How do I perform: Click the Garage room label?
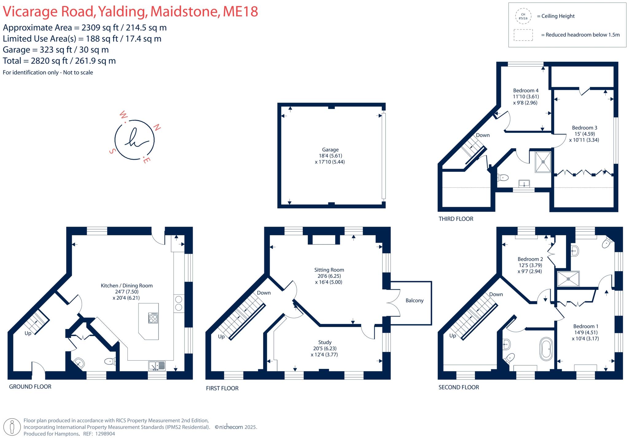[330, 150]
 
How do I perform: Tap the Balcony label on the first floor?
[414, 300]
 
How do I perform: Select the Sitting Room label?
[329, 270]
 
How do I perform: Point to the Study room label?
[325, 342]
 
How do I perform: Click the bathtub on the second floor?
[546, 349]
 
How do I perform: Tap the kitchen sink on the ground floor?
[157, 366]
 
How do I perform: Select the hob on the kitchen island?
[153, 318]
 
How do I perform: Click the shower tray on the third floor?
[543, 162]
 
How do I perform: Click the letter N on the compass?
[157, 127]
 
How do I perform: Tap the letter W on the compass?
[123, 115]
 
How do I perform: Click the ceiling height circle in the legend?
[523, 16]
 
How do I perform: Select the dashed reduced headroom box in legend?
[523, 35]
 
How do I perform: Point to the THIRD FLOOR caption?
[456, 219]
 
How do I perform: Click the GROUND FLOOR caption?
[30, 387]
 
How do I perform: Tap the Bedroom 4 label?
[525, 91]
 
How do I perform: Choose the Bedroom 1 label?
[585, 326]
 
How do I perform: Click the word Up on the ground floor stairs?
[28, 333]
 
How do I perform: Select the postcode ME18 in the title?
[240, 12]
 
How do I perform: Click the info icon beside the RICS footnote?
[12, 427]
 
